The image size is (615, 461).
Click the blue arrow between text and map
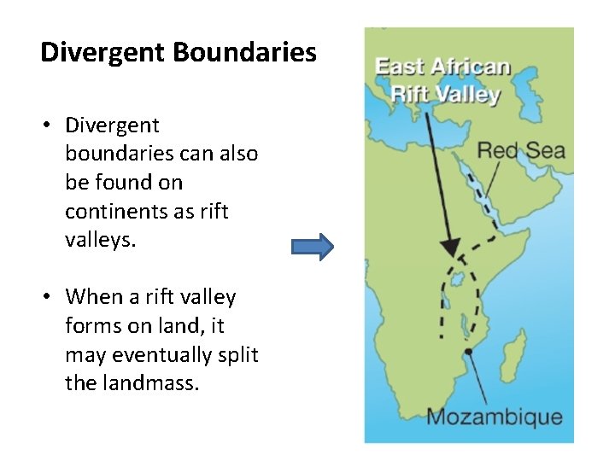pos(312,247)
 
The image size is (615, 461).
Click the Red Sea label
pos(521,151)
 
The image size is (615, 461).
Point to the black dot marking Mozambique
pos(468,351)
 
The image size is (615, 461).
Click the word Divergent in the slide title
pos(103,53)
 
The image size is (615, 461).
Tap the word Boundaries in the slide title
pos(245,53)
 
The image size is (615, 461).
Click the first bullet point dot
pos(48,126)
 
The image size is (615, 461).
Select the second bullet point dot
pos(48,298)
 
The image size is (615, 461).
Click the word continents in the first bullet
pos(114,211)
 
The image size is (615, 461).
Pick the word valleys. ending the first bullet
pos(100,240)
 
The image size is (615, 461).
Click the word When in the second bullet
pos(91,297)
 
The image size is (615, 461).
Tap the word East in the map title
pos(401,67)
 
